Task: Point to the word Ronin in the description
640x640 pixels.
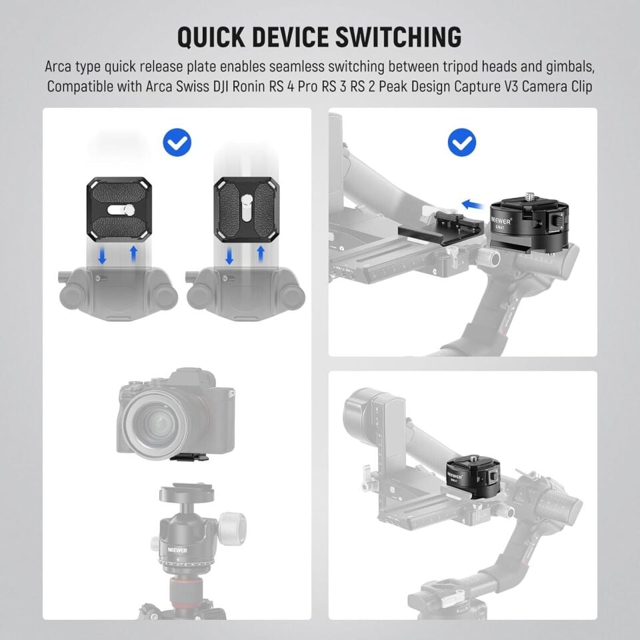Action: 270,87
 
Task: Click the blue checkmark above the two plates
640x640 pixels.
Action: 177,142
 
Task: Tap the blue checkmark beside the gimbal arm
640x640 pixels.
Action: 461,142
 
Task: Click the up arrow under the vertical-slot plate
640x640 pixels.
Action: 261,254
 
